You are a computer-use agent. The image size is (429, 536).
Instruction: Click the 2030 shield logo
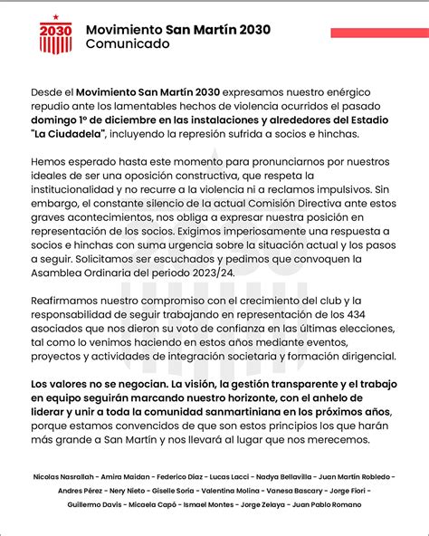(55, 35)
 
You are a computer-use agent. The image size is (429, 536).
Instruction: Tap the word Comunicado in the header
(127, 43)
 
